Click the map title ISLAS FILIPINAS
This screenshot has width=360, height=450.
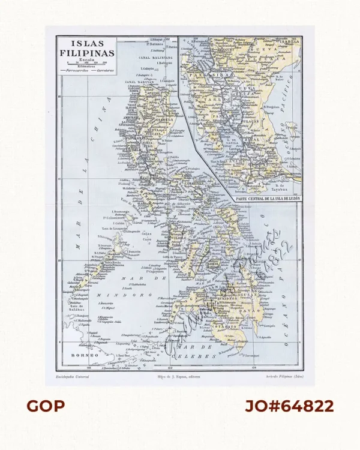88,48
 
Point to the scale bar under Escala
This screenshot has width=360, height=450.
88,64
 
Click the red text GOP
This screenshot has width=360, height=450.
46,406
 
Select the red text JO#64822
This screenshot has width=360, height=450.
289,406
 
